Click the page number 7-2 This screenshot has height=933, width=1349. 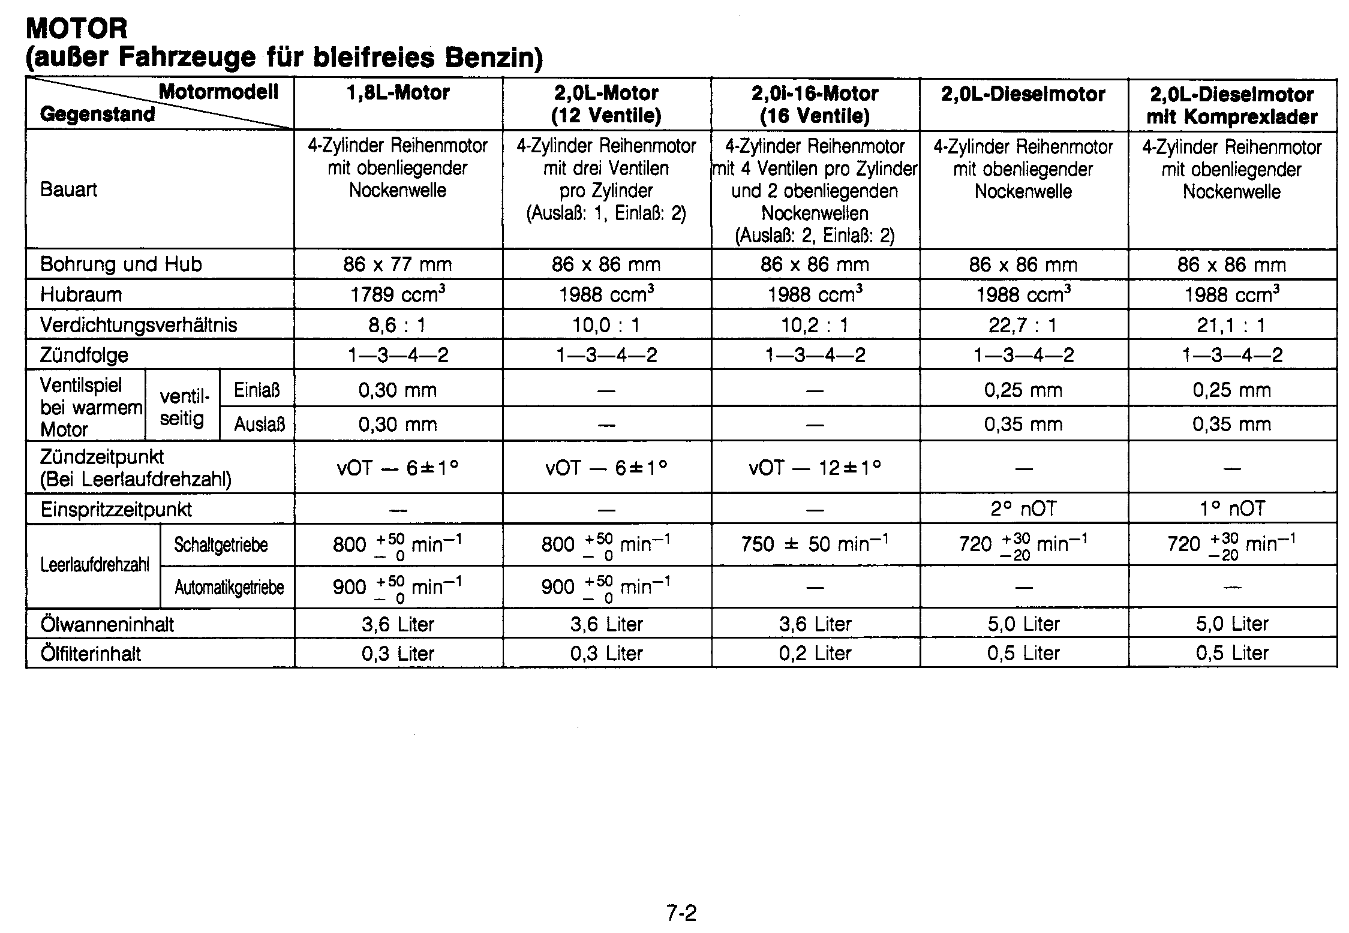point(681,913)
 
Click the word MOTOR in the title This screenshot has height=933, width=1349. point(77,28)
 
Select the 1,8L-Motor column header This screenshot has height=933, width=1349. point(398,93)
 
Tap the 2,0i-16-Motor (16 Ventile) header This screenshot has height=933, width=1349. point(815,104)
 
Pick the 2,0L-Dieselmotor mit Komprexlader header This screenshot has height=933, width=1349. point(1232,105)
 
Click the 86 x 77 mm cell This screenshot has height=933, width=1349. point(398,264)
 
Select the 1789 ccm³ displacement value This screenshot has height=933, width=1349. point(398,294)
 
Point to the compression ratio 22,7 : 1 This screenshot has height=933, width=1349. point(1023,325)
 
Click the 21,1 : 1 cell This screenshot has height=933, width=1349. point(1232,325)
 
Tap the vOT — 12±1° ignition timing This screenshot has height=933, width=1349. point(815,468)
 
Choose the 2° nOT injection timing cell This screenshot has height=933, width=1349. point(1023,509)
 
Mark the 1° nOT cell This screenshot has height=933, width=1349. point(1232,509)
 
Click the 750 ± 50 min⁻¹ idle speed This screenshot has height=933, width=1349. point(815,544)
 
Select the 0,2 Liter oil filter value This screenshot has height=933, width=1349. point(815,653)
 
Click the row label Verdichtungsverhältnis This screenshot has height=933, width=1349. point(139,325)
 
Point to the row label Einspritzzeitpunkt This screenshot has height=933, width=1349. point(116,510)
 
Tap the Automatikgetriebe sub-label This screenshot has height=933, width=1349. point(229,588)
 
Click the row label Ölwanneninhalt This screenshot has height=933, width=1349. point(107,624)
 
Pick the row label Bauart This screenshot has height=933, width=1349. point(68,189)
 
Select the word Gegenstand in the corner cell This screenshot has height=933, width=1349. point(97,114)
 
